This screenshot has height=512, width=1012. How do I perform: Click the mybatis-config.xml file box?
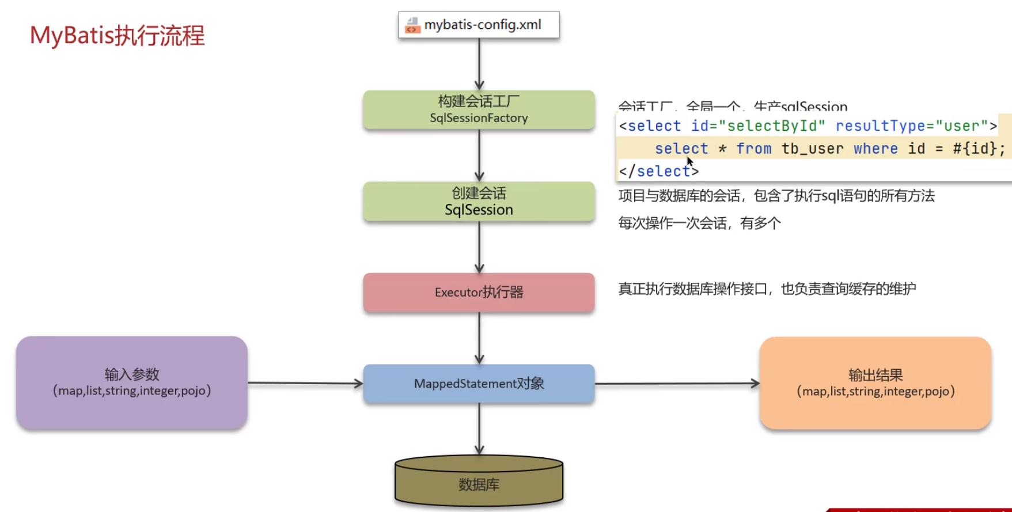[479, 25]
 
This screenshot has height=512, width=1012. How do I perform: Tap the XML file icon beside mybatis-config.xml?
[412, 25]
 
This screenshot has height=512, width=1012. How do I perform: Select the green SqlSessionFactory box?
[479, 109]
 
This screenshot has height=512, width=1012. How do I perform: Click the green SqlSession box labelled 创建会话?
[479, 202]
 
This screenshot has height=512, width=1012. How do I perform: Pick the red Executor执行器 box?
[479, 293]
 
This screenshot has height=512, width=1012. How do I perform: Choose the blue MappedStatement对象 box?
[479, 384]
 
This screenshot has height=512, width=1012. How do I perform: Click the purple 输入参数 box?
[132, 382]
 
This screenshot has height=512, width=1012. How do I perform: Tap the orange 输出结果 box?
[875, 383]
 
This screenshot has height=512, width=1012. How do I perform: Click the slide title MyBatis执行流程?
[118, 36]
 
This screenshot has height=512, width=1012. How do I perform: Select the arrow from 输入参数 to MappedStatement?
[305, 383]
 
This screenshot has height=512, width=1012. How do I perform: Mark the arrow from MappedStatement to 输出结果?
[677, 383]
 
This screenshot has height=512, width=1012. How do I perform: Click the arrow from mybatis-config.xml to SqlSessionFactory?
[479, 64]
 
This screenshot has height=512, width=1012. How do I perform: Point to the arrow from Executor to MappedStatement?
[479, 338]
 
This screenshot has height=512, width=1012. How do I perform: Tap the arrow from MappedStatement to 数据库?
[479, 428]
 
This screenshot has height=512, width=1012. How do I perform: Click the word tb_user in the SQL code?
[812, 149]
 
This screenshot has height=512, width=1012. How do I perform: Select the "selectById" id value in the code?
[776, 126]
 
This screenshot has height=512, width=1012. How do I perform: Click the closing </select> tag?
[658, 171]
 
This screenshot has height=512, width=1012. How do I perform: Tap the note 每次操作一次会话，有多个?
[699, 223]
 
